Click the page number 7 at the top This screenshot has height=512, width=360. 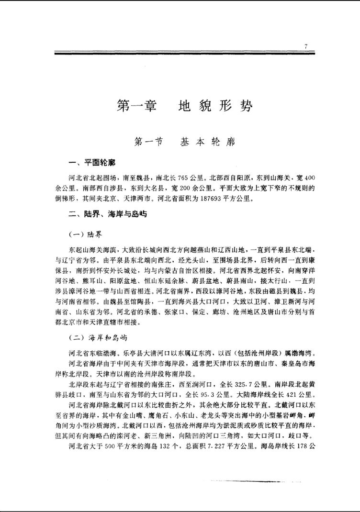[x=305, y=46]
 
